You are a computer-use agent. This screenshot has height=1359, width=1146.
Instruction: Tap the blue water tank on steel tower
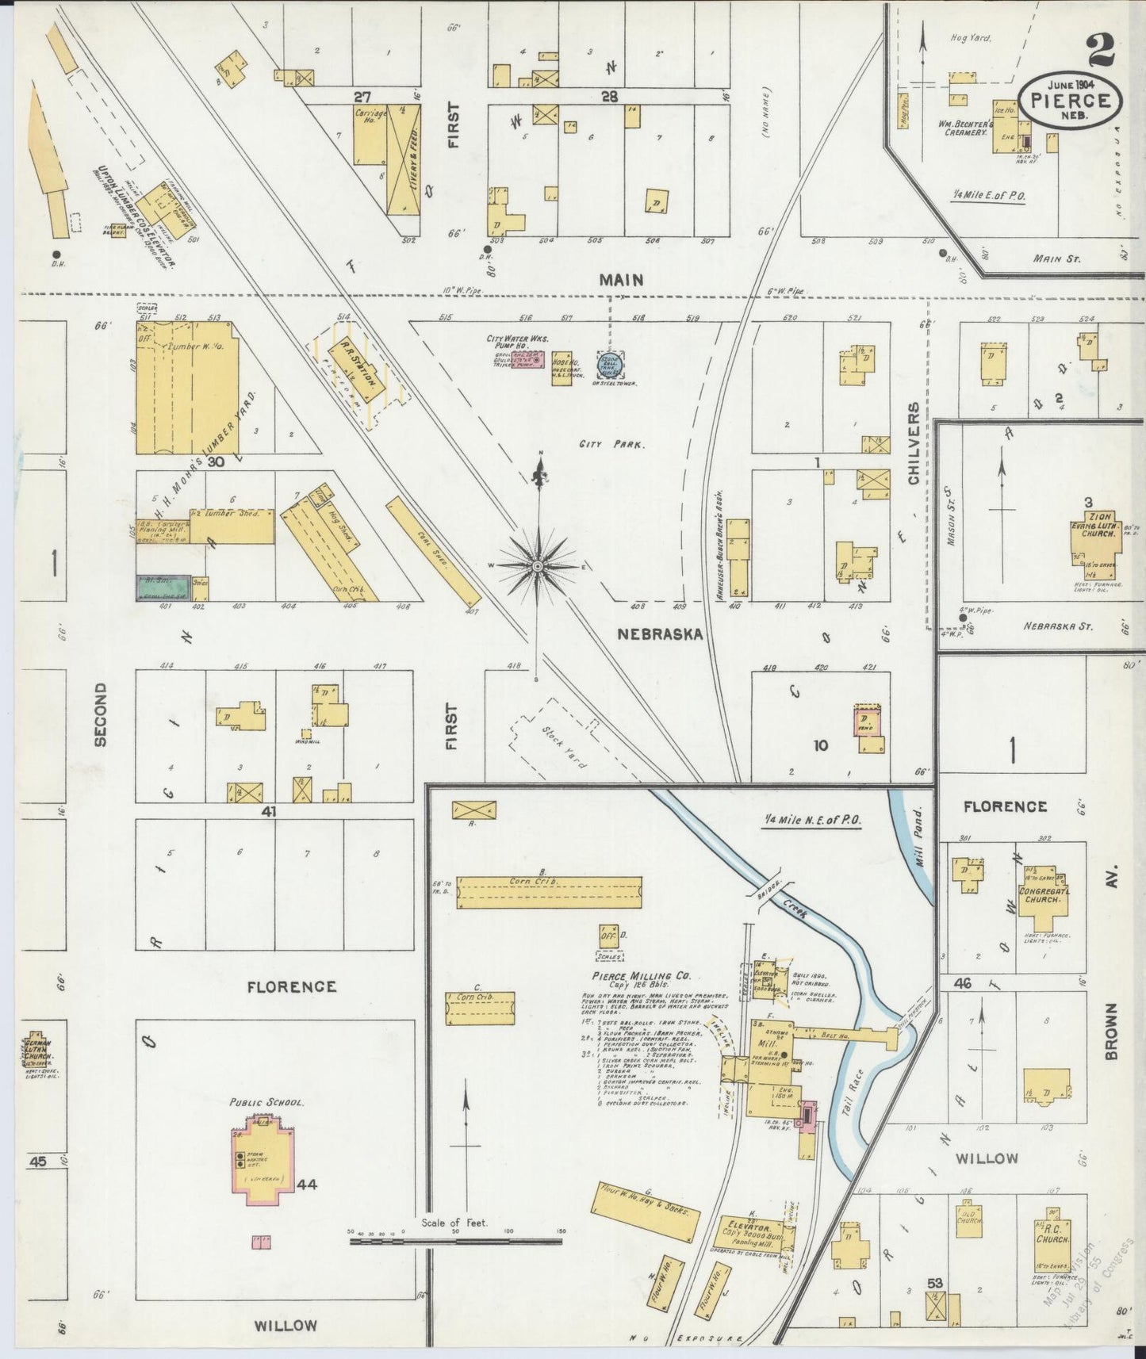(611, 365)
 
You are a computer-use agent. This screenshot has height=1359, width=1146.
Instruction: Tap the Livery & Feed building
(404, 159)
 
